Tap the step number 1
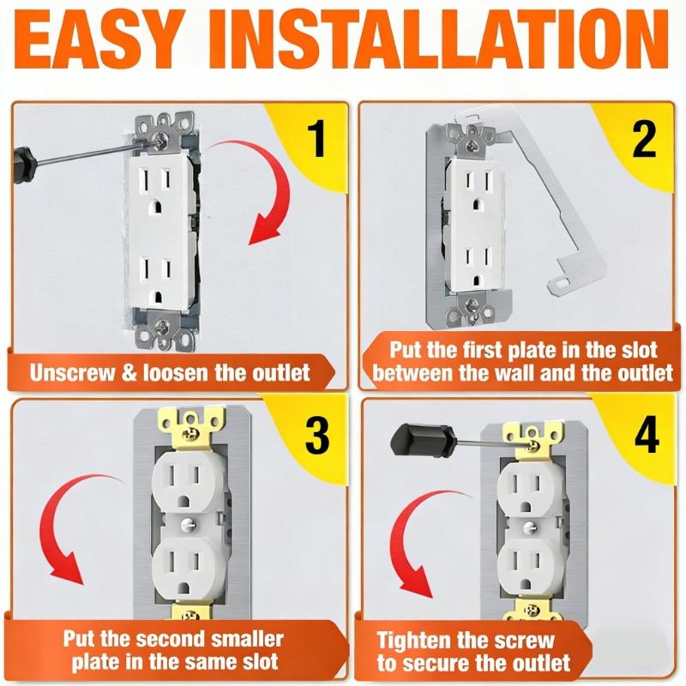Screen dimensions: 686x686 317,140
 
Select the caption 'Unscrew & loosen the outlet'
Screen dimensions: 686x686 170,373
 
